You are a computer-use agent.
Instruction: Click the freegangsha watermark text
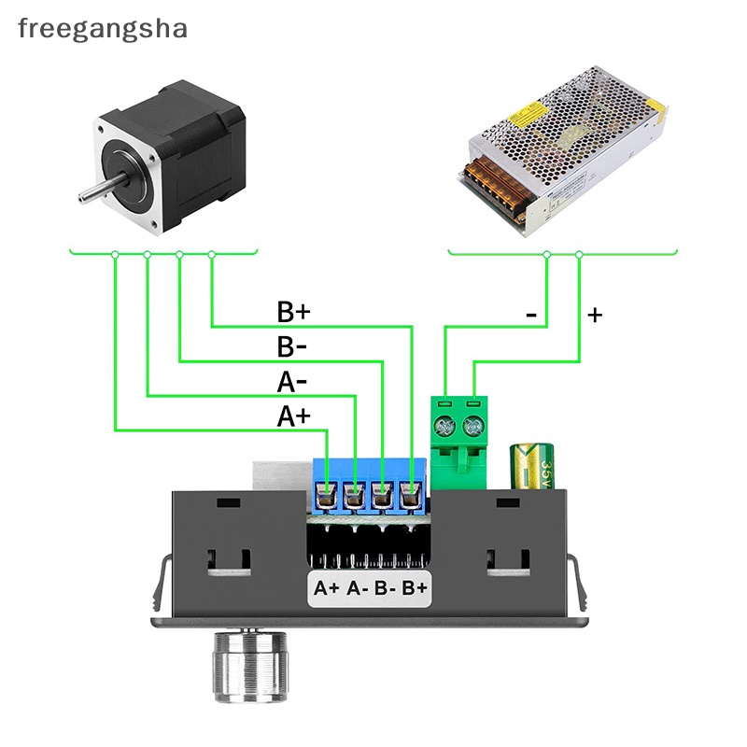103,28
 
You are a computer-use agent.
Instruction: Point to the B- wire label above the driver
292,347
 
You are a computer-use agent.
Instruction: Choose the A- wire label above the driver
292,382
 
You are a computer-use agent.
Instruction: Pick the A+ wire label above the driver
292,416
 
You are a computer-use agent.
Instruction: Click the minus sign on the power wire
531,316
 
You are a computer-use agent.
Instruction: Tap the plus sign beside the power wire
595,316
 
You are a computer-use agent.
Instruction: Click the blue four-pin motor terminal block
370,486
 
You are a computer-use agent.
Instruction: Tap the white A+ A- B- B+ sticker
370,588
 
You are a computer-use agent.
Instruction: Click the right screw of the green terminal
475,427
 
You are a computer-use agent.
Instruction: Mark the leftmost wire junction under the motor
115,254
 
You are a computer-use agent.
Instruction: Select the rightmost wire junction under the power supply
580,254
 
